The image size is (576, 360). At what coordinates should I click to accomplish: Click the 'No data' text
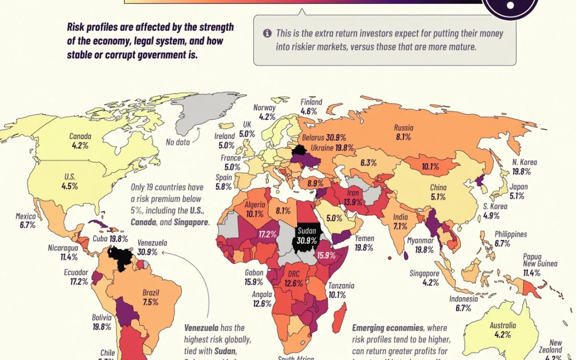[x=178, y=142]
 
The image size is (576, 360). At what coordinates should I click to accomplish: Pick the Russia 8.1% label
[x=403, y=132]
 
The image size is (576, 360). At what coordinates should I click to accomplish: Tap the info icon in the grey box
[x=267, y=33]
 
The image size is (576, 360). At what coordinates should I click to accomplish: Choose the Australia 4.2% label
[x=502, y=330]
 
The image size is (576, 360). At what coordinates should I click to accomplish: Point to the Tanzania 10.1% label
[x=341, y=290]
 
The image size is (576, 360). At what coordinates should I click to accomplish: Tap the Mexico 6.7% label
[x=26, y=221]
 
